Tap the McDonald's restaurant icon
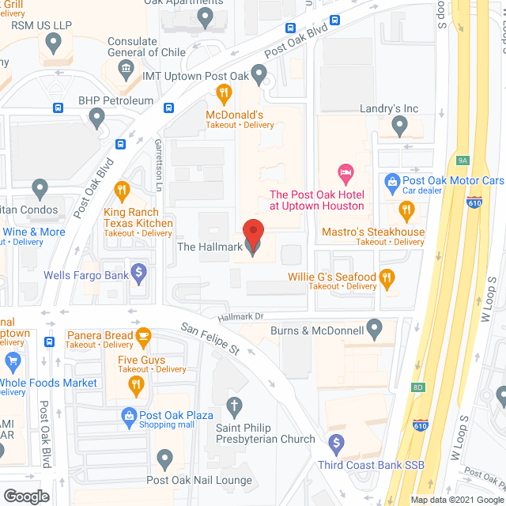click(x=224, y=95)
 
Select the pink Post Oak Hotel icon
click(x=345, y=172)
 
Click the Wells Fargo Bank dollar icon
click(x=139, y=274)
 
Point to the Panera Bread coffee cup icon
click(x=143, y=337)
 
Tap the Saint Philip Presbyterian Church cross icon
click(x=234, y=408)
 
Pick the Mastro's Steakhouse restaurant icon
click(x=406, y=210)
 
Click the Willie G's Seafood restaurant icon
click(x=387, y=278)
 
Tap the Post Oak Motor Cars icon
click(x=391, y=181)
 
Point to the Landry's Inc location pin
click(x=399, y=125)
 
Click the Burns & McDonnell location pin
click(x=375, y=327)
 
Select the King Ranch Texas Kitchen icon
click(x=122, y=191)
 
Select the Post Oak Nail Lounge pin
click(x=164, y=458)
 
